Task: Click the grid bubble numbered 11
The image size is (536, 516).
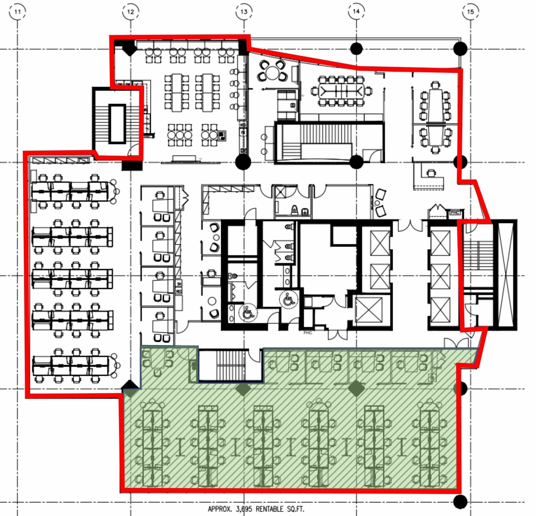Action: tap(17, 12)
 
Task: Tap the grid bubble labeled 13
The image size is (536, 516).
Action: tap(244, 12)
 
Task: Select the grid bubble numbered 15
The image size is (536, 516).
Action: tap(470, 12)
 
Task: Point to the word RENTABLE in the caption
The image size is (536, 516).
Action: tap(269, 509)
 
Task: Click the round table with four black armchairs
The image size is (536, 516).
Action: tap(273, 73)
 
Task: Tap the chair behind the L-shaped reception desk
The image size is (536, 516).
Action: tap(431, 173)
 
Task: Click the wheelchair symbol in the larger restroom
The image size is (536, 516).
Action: tap(288, 299)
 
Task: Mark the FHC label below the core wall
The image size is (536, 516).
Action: tap(308, 333)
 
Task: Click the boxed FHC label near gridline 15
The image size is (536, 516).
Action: tap(455, 213)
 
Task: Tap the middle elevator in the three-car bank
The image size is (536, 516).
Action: tap(440, 276)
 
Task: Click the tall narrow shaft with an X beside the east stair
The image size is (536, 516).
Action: tap(505, 275)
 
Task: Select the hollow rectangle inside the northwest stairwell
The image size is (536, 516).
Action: tap(117, 124)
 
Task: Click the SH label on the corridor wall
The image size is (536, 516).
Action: tap(179, 284)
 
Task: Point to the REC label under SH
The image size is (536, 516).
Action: tap(179, 291)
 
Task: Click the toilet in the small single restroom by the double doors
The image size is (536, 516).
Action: tap(295, 209)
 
